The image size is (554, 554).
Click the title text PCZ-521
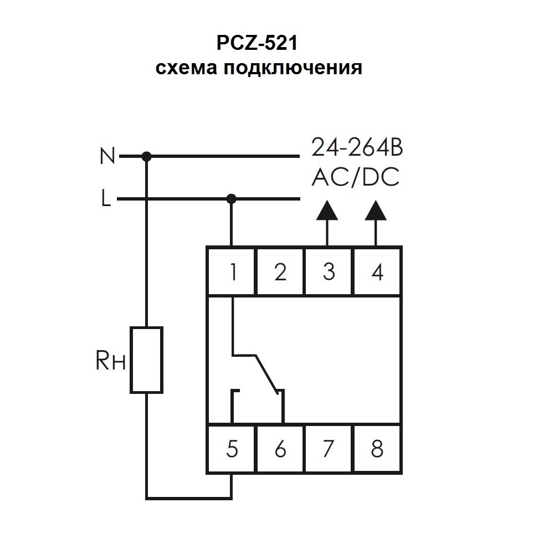click(259, 43)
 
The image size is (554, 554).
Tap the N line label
click(107, 157)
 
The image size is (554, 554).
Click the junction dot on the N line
click(146, 157)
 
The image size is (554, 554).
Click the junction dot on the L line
click(232, 198)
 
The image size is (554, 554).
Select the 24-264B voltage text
click(356, 148)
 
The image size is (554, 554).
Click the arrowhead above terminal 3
click(328, 211)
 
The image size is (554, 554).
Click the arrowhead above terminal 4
click(376, 211)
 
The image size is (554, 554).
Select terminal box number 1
click(232, 271)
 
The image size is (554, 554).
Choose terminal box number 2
click(280, 271)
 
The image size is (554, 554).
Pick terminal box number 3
click(329, 271)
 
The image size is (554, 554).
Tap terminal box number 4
click(377, 271)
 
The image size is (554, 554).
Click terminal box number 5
click(232, 449)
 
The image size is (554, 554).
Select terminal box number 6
click(280, 449)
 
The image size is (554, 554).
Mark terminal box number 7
click(329, 449)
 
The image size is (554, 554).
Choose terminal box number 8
click(377, 449)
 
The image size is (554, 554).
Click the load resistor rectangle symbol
click(146, 360)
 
